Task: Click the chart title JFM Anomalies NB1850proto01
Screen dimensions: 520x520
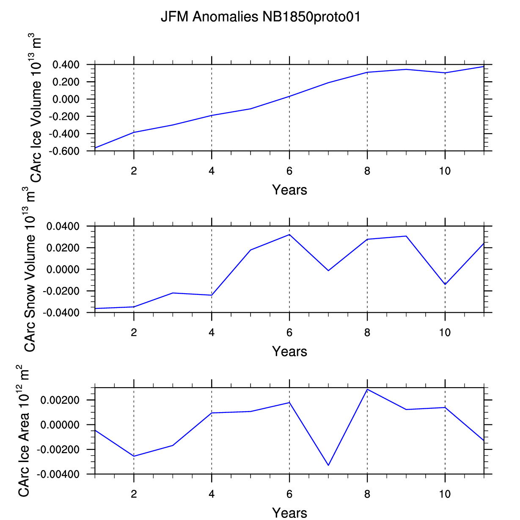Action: pos(260,17)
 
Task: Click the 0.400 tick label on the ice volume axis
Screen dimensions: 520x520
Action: pos(66,65)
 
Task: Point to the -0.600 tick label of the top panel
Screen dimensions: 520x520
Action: pos(64,151)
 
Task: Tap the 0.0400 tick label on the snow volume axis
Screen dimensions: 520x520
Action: pos(63,226)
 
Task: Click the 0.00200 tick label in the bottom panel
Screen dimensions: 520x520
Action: pos(60,400)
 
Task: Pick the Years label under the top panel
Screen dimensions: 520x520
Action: pos(289,190)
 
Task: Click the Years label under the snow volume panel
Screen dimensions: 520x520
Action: pos(289,351)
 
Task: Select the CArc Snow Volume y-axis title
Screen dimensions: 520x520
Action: pos(30,270)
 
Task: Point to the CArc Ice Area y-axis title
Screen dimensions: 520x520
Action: pos(24,431)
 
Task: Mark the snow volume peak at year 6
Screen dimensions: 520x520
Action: pos(289,234)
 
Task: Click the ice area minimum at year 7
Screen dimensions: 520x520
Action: pos(328,465)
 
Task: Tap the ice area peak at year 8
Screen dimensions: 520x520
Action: pos(367,389)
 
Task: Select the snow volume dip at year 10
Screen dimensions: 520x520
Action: pos(445,284)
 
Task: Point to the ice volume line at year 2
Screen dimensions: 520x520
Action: pos(134,132)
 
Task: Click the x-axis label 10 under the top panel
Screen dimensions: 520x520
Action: pos(445,171)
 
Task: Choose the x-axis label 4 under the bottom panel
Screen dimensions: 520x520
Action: pos(212,494)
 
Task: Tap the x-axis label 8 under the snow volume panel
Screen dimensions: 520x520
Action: pos(367,333)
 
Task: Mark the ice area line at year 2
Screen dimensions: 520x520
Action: pos(134,456)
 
